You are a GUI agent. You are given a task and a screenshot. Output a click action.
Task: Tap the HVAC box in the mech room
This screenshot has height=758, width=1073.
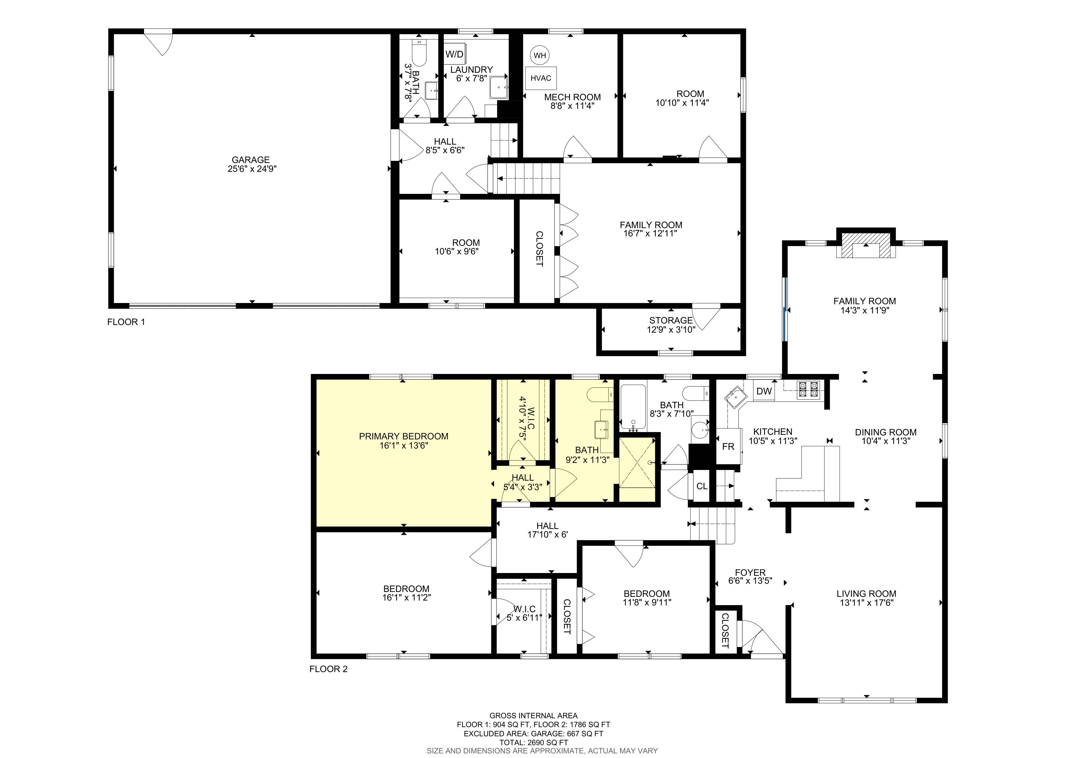(541, 78)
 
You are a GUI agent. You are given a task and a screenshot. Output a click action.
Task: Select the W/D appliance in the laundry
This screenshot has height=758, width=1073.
(454, 54)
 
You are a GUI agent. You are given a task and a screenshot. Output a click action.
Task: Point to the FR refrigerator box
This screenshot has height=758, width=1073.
(728, 446)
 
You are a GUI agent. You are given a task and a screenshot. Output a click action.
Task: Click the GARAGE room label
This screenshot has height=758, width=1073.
(251, 160)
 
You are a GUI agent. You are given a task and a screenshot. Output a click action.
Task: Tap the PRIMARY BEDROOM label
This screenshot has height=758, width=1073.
(403, 436)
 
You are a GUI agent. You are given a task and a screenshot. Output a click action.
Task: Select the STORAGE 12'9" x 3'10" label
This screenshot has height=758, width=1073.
(670, 325)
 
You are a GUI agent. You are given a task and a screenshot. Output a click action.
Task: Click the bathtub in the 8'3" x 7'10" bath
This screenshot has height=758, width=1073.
(633, 406)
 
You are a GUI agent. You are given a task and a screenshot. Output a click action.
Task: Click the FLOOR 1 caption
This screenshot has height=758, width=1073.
(126, 322)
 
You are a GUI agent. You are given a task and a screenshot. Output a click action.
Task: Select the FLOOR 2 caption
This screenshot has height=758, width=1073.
(328, 669)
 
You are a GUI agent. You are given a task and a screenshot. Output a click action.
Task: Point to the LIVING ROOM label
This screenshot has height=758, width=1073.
(866, 593)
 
